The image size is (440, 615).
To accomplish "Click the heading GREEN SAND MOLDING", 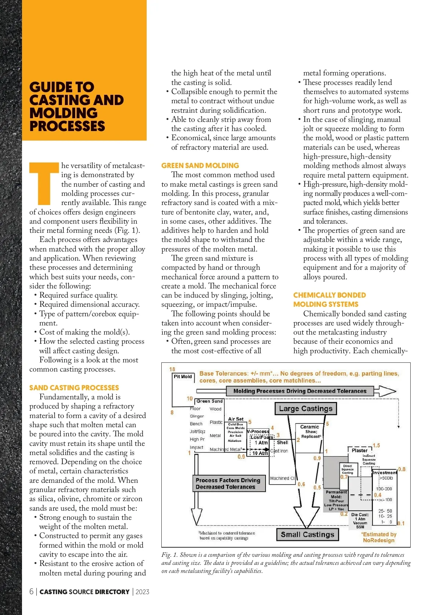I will click(200, 165).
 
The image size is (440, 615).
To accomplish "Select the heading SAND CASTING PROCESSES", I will click(74, 388).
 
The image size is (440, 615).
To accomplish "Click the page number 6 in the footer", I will click(32, 592).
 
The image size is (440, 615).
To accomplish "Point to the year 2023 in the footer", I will click(142, 592).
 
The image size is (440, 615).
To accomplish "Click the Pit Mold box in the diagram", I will click(183, 377).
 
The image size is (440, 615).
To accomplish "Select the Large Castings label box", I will click(305, 409).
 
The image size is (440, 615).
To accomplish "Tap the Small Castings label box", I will click(307, 534).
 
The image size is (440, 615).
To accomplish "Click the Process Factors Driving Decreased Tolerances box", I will click(229, 483).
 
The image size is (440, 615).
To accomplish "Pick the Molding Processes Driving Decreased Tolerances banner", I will click(300, 391).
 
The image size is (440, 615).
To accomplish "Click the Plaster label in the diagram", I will click(359, 450).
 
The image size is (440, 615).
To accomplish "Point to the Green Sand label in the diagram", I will click(209, 401).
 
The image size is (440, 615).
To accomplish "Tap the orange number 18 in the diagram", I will click(172, 369).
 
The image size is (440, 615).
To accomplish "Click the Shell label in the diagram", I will click(282, 442).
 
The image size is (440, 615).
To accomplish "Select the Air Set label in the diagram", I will click(236, 419).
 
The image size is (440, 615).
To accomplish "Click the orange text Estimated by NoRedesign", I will click(379, 537).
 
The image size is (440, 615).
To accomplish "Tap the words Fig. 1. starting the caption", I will click(169, 555).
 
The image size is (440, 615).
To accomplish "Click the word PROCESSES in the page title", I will click(67, 126).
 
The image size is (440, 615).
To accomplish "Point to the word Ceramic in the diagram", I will click(309, 427).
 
